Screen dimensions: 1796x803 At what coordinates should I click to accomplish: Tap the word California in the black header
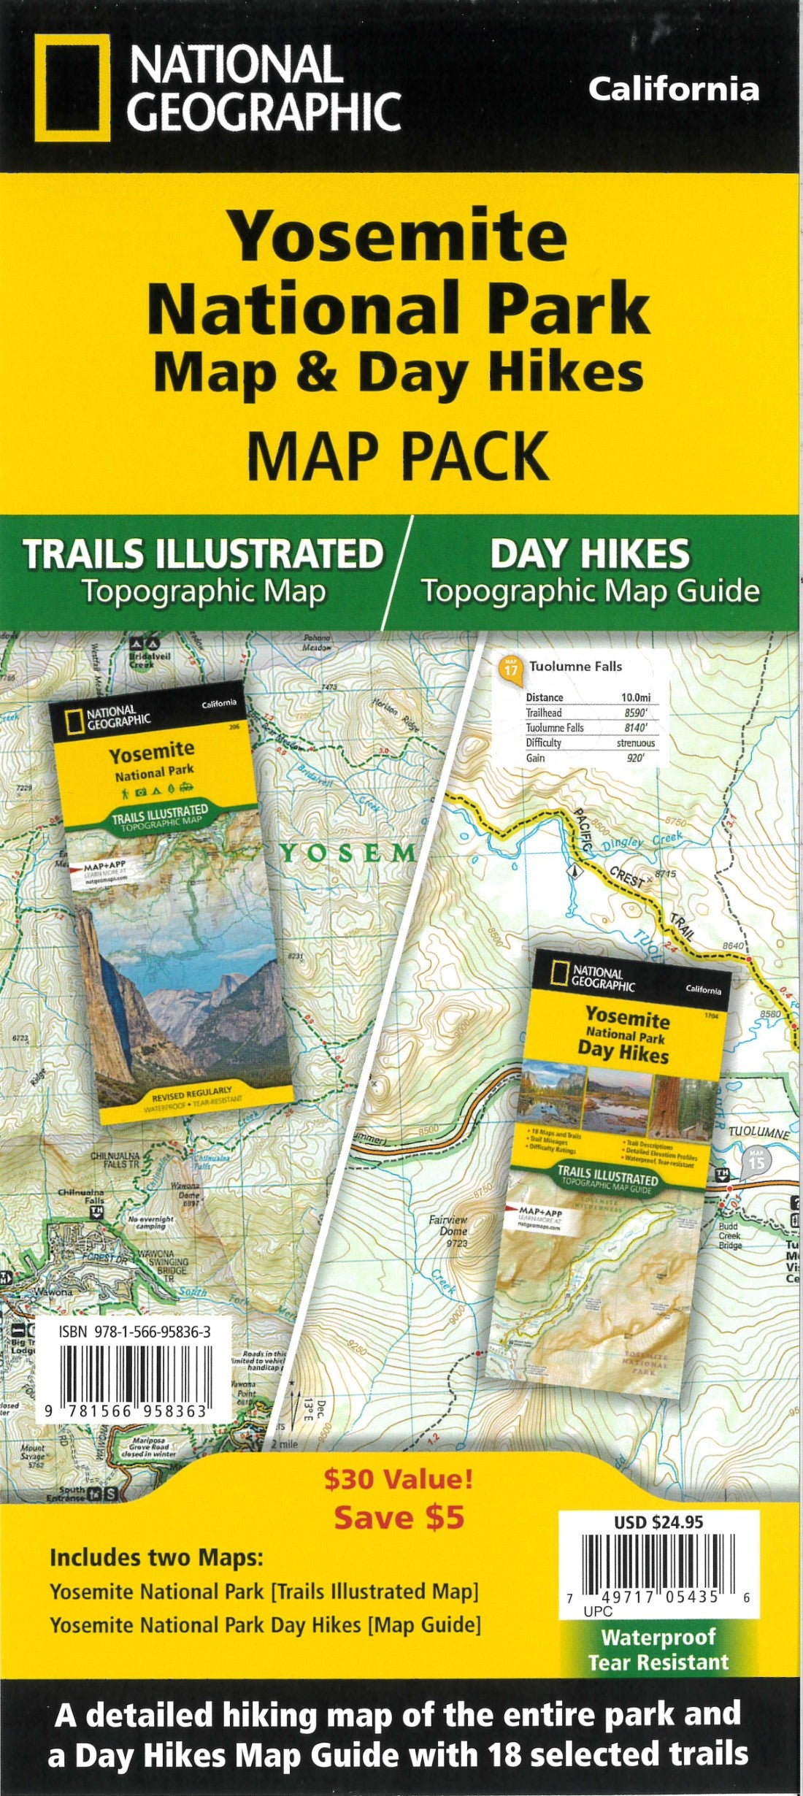[x=673, y=90]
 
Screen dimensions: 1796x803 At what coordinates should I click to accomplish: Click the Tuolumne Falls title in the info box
[x=575, y=666]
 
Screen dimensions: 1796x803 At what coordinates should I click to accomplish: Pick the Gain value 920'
[x=635, y=759]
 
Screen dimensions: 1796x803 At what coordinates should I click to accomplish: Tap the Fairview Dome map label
[x=449, y=1226]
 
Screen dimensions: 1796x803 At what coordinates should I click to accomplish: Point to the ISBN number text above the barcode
[x=135, y=1332]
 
